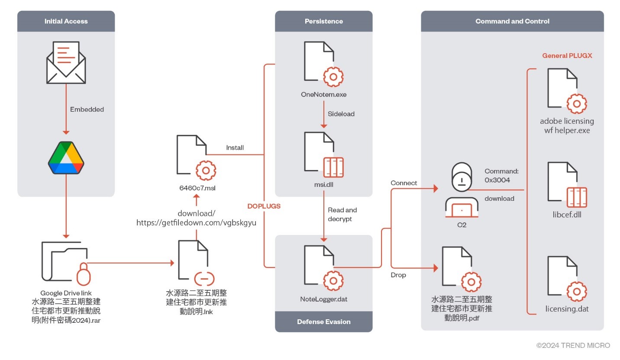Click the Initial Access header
point(66,21)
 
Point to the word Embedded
point(87,109)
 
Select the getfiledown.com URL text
point(197,223)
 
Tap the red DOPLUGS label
point(264,206)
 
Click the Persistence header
point(323,21)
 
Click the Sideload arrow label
point(341,114)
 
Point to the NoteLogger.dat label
point(323,299)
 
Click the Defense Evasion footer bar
point(323,322)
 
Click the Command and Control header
point(512,21)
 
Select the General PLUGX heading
point(567,56)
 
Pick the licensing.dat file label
point(567,309)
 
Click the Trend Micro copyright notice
point(573,345)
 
